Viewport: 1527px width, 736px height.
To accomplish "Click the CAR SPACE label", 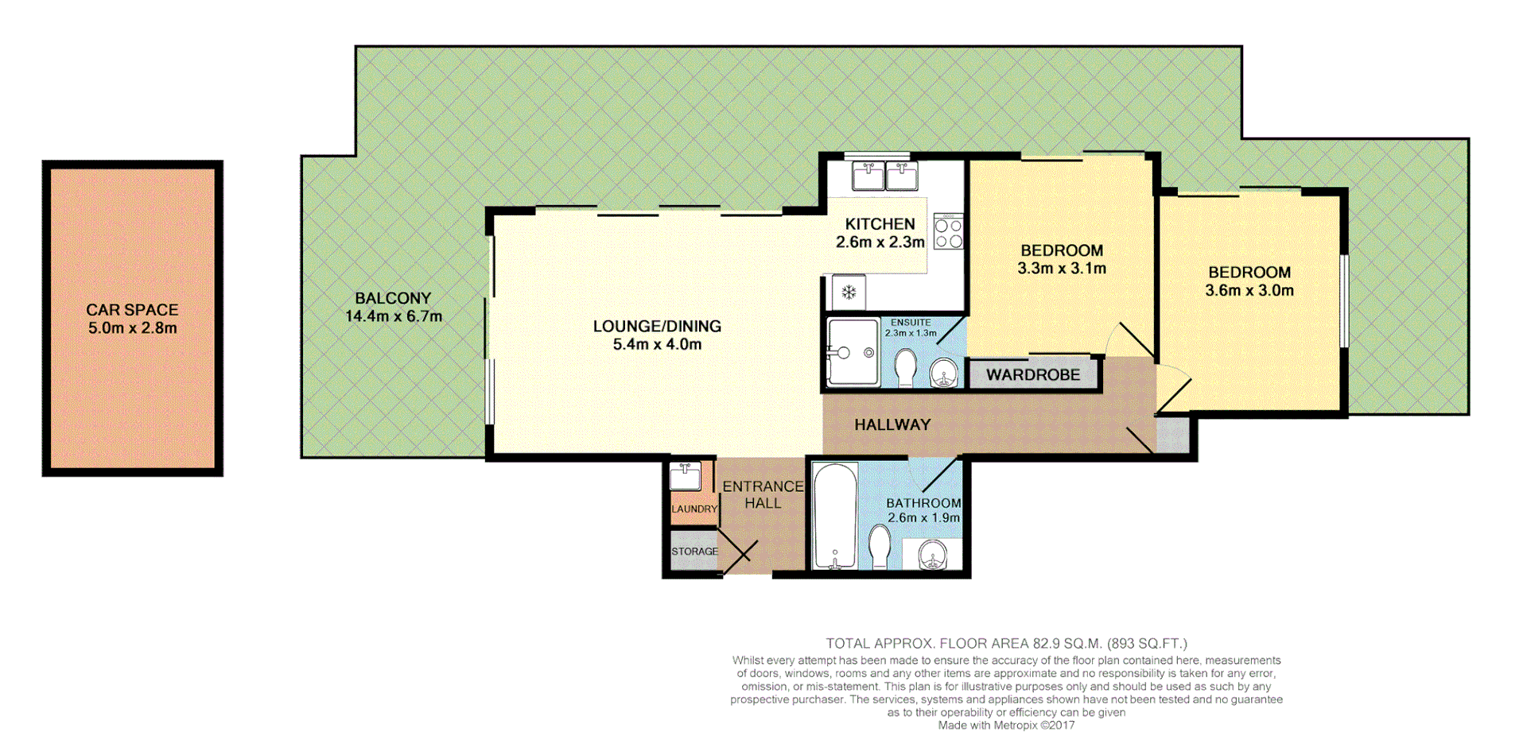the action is pos(132,310).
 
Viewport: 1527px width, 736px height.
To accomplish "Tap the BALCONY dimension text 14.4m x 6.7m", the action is pos(393,316).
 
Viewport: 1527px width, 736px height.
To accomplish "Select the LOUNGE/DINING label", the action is pos(657,326).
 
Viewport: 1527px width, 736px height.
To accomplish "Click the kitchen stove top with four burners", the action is pos(949,231).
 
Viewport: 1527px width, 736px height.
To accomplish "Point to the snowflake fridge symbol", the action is pos(849,292).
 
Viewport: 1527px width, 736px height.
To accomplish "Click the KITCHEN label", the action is pos(880,224).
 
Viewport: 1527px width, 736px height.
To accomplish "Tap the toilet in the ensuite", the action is pos(905,368).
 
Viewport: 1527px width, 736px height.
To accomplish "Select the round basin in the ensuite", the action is pos(944,373).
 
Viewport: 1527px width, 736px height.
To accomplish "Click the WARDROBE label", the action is pos(1033,375).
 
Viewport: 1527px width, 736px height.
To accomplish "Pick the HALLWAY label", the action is pos(892,424).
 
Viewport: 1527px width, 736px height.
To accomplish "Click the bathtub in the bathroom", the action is pos(835,516).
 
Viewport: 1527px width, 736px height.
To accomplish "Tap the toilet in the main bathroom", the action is pos(880,547).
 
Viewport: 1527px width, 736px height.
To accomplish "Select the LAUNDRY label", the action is pos(694,509).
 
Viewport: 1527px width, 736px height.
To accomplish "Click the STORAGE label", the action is pos(694,552).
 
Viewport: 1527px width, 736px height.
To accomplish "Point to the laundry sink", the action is pos(685,477).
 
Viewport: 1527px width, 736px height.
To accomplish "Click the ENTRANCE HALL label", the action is pos(763,494).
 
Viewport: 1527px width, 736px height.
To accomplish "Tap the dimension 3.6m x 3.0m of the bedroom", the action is pos(1249,291).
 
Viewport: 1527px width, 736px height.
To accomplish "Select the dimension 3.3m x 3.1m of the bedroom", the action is pos(1062,269).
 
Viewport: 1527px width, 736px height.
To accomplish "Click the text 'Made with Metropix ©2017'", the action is pos(1006,725).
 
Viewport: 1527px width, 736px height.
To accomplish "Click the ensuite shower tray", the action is pos(853,352).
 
